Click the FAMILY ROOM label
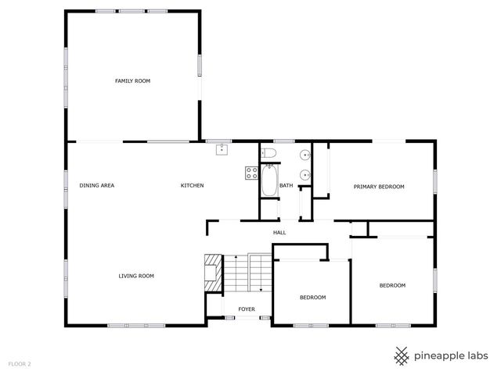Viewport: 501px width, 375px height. pyautogui.click(x=132, y=81)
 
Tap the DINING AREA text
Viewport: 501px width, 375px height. pyautogui.click(x=97, y=185)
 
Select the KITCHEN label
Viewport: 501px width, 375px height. pyautogui.click(x=192, y=185)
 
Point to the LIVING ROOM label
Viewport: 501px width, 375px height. pyautogui.click(x=136, y=276)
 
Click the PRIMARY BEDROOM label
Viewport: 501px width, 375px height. pyautogui.click(x=379, y=187)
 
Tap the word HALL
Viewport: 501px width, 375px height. pyautogui.click(x=279, y=233)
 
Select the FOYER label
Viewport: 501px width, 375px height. pyautogui.click(x=247, y=309)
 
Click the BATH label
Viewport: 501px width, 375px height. pyautogui.click(x=287, y=186)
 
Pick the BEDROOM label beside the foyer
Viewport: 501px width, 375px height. pyautogui.click(x=312, y=298)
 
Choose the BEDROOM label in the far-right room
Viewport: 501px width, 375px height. pyautogui.click(x=392, y=285)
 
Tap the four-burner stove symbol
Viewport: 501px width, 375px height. pyautogui.click(x=253, y=173)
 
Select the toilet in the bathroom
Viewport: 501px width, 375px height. pyautogui.click(x=269, y=152)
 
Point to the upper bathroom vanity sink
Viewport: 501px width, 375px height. pyautogui.click(x=304, y=155)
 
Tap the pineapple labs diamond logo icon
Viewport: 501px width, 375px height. pyautogui.click(x=402, y=355)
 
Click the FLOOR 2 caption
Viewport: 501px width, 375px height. pyautogui.click(x=20, y=364)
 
